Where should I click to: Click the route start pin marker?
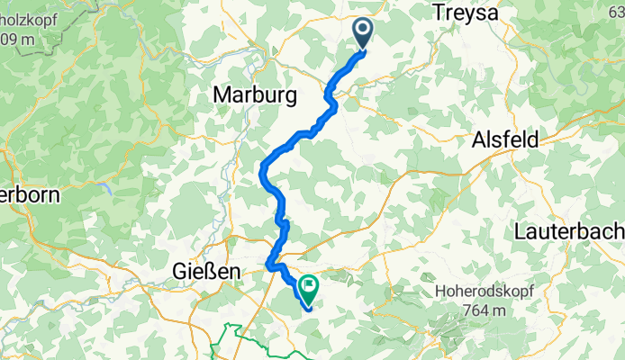click(363, 34)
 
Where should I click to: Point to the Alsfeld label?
click(505, 140)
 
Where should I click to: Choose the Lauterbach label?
click(569, 231)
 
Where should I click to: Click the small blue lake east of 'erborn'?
click(107, 189)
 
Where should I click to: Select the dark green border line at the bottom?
click(225, 342)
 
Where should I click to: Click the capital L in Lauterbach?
click(520, 231)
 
